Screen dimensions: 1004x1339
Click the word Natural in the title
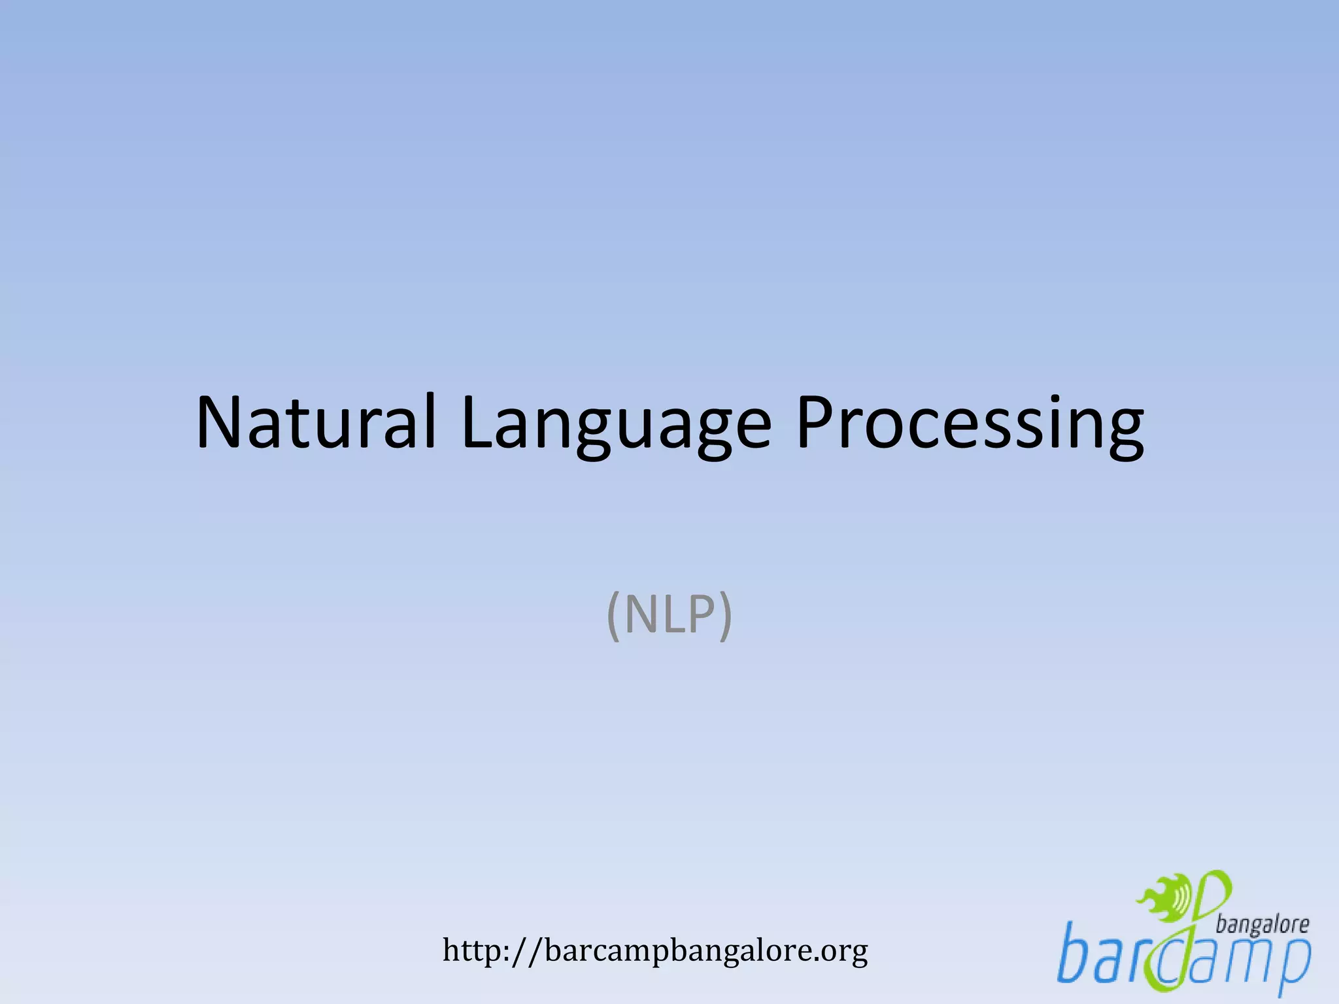(316, 423)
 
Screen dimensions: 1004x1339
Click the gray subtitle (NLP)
(669, 615)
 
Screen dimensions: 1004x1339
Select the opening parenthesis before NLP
(613, 616)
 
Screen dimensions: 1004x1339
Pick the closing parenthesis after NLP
(725, 616)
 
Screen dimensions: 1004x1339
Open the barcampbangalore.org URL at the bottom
(655, 951)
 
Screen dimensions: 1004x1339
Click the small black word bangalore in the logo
(1263, 924)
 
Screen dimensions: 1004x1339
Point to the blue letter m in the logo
(1246, 961)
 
